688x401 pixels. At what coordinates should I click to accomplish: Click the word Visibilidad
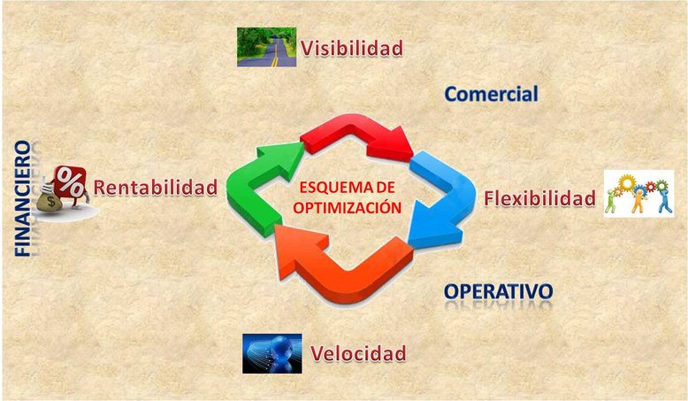[351, 48]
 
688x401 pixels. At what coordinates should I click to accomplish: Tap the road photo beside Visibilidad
[266, 47]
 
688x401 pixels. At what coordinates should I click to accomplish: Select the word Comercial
[491, 94]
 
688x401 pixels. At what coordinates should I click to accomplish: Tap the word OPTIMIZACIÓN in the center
[347, 207]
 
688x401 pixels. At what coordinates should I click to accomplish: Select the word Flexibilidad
[539, 198]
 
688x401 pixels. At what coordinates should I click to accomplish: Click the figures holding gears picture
[638, 194]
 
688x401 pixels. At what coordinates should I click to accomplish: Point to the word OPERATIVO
[498, 291]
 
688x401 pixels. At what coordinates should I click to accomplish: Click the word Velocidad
[358, 353]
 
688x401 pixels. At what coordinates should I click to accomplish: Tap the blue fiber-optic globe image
[272, 353]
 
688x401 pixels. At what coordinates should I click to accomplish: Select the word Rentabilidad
[156, 187]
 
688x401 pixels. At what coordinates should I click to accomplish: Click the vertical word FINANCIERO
[23, 198]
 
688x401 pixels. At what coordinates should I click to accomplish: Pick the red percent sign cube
[70, 181]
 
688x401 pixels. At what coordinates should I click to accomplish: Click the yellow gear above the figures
[627, 182]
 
